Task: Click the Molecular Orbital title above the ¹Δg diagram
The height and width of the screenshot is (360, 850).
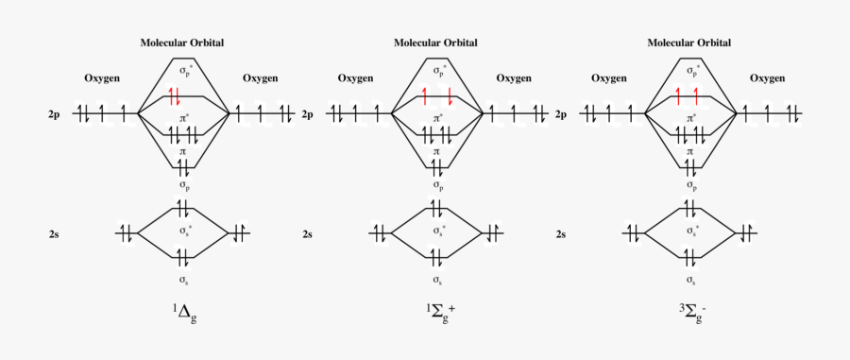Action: [182, 43]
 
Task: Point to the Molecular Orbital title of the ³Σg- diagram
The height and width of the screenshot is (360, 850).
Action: [688, 43]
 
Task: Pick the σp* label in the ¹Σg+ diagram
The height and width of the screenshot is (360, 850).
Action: [437, 70]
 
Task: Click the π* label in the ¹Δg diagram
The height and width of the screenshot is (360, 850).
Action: [183, 119]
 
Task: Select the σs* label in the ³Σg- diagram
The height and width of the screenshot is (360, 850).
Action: [690, 231]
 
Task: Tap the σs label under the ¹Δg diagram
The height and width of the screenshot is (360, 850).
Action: [183, 281]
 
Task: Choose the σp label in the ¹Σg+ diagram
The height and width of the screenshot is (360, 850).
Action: [436, 185]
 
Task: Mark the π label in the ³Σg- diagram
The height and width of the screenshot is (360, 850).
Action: [689, 151]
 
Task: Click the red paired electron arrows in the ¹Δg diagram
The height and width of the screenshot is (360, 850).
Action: [175, 95]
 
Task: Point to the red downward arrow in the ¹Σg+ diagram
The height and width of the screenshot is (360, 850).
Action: [450, 95]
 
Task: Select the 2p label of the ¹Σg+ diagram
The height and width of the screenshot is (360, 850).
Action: [308, 115]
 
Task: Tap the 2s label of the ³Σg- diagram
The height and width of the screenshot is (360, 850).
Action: [561, 233]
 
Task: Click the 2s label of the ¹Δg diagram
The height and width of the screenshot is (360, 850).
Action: [55, 233]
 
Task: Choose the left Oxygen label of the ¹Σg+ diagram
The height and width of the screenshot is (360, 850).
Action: [355, 79]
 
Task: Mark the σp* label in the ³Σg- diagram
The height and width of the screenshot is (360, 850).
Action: [690, 70]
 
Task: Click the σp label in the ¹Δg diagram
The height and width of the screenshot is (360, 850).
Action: [183, 185]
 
